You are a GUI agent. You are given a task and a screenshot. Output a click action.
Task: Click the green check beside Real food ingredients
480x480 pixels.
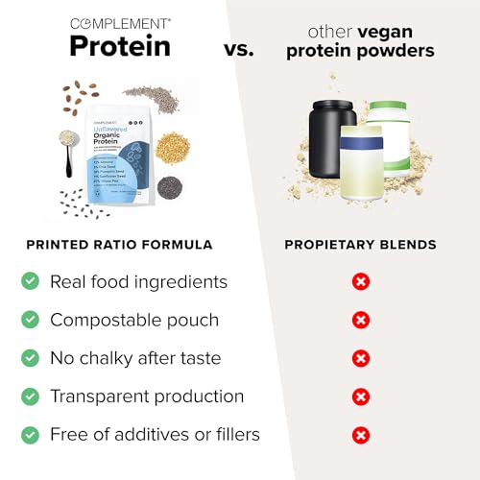coord(31,281)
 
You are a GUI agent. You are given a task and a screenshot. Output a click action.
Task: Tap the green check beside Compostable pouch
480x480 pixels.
coord(31,320)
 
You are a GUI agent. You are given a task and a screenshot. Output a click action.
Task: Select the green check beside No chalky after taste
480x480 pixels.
coord(31,358)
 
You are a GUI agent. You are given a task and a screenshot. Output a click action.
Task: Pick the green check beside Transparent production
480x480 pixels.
coord(31,396)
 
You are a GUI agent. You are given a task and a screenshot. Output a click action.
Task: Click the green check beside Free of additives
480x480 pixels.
coord(31,435)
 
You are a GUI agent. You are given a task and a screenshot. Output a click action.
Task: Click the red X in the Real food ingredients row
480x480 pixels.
coord(361,281)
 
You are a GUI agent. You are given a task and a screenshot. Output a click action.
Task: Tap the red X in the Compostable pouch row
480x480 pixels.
coord(361,320)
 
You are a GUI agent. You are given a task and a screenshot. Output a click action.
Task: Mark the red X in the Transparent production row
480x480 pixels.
coord(361,396)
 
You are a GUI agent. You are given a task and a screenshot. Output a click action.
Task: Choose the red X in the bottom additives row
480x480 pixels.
coord(361,435)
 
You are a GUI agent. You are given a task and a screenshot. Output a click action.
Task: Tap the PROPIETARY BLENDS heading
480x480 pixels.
coord(360,245)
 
